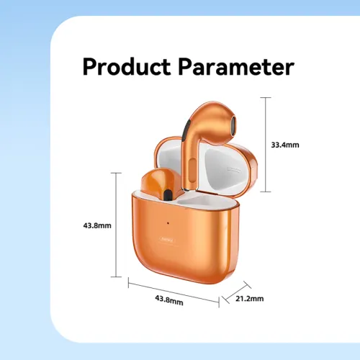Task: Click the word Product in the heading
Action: pos(127,66)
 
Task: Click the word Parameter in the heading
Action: pos(236,66)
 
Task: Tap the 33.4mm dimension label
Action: pos(285,145)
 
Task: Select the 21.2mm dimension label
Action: pos(250,299)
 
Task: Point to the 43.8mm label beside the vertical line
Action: pos(97,225)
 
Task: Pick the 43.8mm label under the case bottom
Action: pos(169,300)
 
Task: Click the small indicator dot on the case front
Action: pos(168,223)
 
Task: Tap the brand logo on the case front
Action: pos(168,240)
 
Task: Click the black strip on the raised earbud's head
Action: pos(186,130)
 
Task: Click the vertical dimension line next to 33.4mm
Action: pos(266,145)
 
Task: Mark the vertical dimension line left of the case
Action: pos(116,225)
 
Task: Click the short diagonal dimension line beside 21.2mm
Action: pos(237,292)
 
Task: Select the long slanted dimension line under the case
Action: pos(174,293)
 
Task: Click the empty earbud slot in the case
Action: pos(204,200)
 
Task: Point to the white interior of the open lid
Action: pos(225,168)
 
